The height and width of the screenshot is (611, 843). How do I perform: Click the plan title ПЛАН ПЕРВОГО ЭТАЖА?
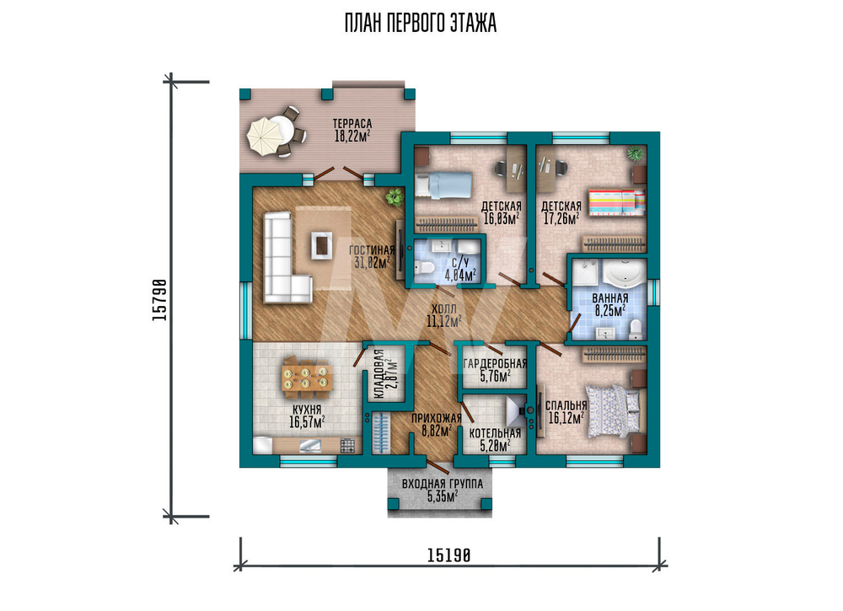click(x=421, y=23)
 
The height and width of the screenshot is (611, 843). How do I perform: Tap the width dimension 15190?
click(x=449, y=555)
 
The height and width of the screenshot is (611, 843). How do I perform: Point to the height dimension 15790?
click(x=159, y=300)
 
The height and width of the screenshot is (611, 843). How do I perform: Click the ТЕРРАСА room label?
click(x=352, y=124)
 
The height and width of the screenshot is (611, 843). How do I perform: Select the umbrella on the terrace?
click(x=263, y=137)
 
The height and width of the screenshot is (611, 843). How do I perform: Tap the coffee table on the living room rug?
click(x=321, y=245)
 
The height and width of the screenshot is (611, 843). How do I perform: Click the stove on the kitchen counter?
click(x=347, y=446)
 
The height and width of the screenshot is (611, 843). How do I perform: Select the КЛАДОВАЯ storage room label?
click(x=379, y=374)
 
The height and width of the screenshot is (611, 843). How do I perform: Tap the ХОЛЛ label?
click(x=444, y=309)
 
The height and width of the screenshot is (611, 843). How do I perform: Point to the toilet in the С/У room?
click(x=425, y=267)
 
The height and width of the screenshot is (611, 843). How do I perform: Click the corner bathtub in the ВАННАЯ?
click(x=624, y=274)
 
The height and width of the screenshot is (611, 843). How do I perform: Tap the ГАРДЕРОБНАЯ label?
click(x=495, y=364)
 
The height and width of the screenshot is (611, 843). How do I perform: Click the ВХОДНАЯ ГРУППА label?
click(x=443, y=484)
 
